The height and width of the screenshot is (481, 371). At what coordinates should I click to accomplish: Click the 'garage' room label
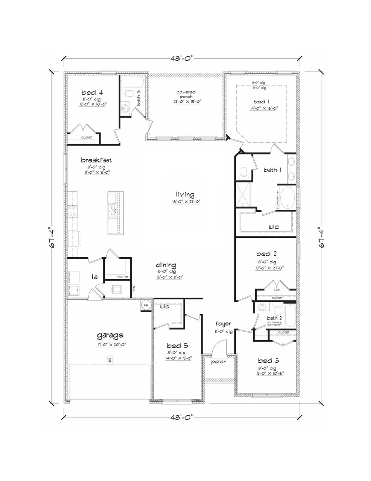click(x=110, y=335)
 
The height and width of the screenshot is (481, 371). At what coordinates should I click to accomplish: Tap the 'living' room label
click(x=185, y=194)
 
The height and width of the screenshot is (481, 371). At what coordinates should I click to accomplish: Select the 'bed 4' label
click(x=89, y=92)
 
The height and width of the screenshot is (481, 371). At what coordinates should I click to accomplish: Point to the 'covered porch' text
click(x=186, y=95)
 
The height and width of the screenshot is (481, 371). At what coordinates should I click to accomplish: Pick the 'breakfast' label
click(x=96, y=160)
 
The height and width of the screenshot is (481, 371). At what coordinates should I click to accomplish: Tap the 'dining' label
click(x=166, y=265)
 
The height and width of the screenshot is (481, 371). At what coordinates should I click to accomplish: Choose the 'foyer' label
click(x=223, y=324)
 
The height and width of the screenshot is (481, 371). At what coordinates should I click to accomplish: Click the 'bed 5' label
click(x=177, y=345)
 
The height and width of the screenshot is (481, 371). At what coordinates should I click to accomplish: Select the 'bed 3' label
click(x=268, y=360)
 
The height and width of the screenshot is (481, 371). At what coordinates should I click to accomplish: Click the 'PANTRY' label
click(x=123, y=277)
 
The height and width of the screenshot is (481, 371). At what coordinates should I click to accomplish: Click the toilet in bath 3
click(x=127, y=93)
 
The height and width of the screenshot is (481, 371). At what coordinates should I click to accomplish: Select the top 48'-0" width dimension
click(x=182, y=57)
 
